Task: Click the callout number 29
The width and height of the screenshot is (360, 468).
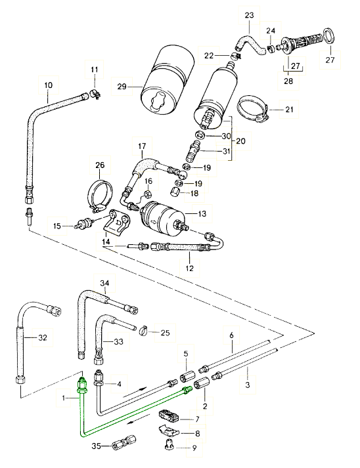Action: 122,87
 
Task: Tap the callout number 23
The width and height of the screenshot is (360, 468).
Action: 249,15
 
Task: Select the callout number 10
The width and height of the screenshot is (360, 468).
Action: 48,85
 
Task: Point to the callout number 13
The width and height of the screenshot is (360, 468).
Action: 202,214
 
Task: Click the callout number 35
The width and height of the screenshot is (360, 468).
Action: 96,446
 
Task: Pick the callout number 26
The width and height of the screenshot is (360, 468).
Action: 100,165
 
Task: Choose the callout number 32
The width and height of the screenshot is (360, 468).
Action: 43,337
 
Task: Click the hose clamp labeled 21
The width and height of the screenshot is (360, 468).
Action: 254,109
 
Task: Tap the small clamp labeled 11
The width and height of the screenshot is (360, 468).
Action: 96,94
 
